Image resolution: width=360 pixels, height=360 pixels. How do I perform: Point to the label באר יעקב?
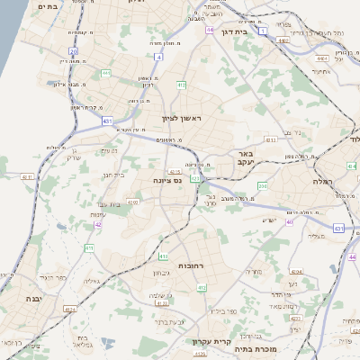(247, 159)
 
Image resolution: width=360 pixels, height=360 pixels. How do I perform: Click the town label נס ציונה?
(169, 180)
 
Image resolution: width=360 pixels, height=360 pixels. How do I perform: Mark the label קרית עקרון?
(211, 341)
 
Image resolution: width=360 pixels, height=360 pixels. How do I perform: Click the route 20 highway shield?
(73, 51)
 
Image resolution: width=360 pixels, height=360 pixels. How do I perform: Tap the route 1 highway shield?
(263, 31)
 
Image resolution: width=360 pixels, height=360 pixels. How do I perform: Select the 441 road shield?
(106, 74)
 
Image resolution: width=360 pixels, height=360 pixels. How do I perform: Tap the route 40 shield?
(289, 220)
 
